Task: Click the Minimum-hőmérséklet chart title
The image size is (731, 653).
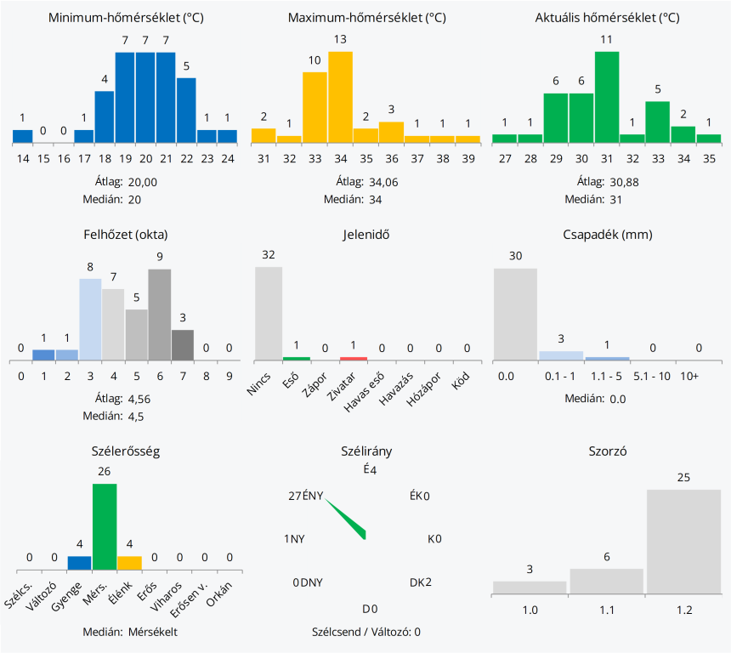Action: (126, 18)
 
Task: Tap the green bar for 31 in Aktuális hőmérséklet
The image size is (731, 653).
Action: (606, 95)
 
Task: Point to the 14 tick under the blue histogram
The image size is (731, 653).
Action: (22, 158)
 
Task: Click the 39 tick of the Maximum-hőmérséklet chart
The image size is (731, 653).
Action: (467, 158)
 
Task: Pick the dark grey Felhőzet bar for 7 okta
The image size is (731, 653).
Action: (183, 344)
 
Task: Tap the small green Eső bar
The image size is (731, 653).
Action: (296, 358)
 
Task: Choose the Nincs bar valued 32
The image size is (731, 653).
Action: (269, 313)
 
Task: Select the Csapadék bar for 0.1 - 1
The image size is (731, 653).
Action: (561, 355)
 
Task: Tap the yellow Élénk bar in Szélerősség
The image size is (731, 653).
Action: (129, 562)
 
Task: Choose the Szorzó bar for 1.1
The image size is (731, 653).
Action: (606, 582)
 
